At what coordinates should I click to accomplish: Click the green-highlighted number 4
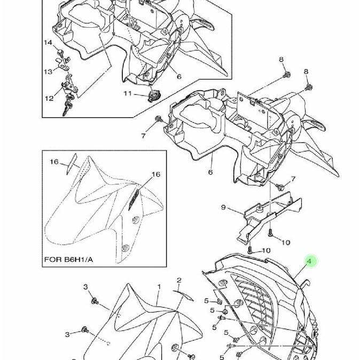point(309,261)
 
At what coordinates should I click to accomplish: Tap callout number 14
point(48,43)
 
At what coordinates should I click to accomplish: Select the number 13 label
point(48,72)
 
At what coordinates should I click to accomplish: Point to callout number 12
point(49,98)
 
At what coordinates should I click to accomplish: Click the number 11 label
point(128,94)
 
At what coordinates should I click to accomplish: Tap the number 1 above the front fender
point(159,287)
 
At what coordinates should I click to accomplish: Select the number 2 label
point(179,280)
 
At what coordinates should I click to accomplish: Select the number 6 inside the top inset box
point(179,76)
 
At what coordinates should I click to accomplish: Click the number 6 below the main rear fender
point(210,172)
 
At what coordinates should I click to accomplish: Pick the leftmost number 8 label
point(282,60)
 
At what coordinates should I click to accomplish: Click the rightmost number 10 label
point(285,242)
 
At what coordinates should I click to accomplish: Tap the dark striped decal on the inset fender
point(134,200)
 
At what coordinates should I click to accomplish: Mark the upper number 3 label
point(85,287)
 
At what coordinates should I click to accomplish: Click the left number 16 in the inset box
point(54,162)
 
